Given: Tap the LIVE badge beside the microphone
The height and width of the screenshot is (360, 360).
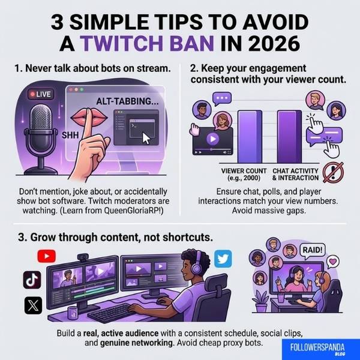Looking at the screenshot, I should pos(40,94).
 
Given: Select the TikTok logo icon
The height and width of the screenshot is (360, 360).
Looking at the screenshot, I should pos(32,280).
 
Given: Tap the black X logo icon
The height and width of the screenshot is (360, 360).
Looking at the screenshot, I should pos(32,305).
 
